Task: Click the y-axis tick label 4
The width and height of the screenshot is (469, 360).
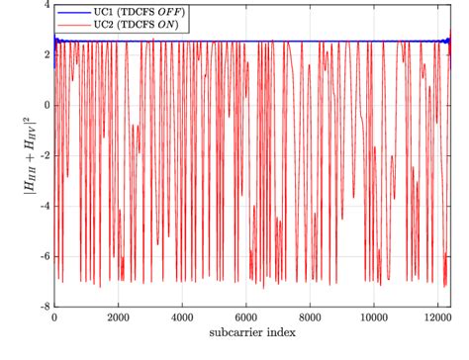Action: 47,5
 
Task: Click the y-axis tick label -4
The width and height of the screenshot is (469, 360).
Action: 45,207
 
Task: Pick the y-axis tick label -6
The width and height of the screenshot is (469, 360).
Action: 45,257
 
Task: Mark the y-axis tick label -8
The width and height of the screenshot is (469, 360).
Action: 45,308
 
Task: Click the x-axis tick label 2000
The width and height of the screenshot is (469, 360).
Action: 118,319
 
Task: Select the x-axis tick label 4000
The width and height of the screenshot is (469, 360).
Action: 182,319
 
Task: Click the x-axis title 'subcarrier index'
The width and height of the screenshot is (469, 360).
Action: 246,334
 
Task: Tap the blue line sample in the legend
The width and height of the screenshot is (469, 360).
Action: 70,12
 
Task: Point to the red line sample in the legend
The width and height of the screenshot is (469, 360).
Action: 70,23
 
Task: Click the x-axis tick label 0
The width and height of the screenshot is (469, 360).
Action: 54,319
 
